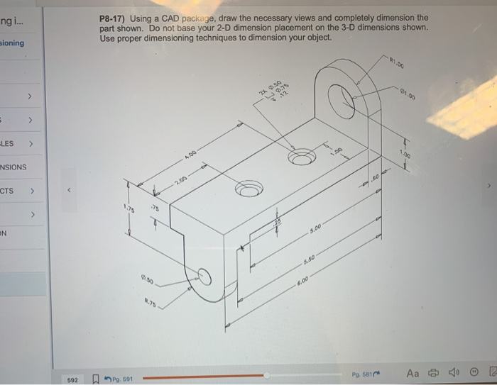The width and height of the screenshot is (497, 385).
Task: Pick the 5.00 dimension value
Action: [x=316, y=228]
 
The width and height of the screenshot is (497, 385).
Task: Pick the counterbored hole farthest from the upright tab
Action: [x=248, y=190]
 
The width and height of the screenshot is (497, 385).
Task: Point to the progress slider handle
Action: [x=266, y=376]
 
